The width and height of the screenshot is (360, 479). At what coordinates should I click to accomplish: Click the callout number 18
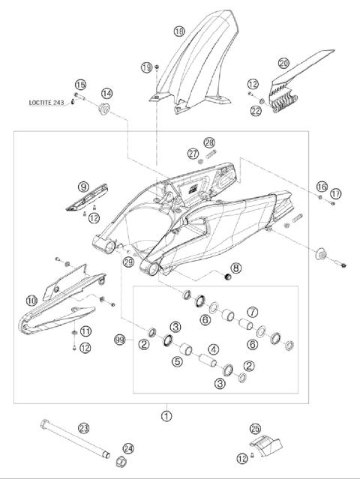coord(178,31)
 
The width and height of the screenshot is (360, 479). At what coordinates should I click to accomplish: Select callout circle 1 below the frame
coord(166,413)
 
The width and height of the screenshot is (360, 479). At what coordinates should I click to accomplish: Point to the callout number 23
coord(84,428)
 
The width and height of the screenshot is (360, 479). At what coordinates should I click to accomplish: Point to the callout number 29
coord(128,262)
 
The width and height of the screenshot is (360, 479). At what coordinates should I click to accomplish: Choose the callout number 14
coord(107,93)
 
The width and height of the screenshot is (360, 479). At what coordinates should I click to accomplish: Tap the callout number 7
coord(253,311)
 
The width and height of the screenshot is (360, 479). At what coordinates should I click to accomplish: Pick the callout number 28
coord(209,142)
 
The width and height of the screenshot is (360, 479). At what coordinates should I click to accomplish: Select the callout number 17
coord(335,193)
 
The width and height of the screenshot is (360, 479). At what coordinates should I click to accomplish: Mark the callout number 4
coord(213,349)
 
